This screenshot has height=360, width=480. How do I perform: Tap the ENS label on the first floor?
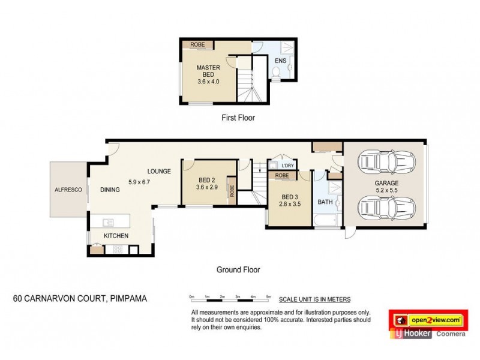tap(280, 61)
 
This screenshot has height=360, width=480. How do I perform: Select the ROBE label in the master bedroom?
tap(197, 45)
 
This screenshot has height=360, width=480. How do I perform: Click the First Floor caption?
tap(238, 118)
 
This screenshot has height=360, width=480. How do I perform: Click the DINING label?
tap(110, 190)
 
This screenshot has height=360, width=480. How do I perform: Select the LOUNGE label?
tap(160, 171)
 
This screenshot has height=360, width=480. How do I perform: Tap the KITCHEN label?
tap(116, 236)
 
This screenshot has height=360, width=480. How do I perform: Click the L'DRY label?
tap(287, 166)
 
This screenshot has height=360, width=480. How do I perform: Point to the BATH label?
tap(325, 202)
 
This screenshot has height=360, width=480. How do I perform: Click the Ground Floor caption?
tap(238, 270)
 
